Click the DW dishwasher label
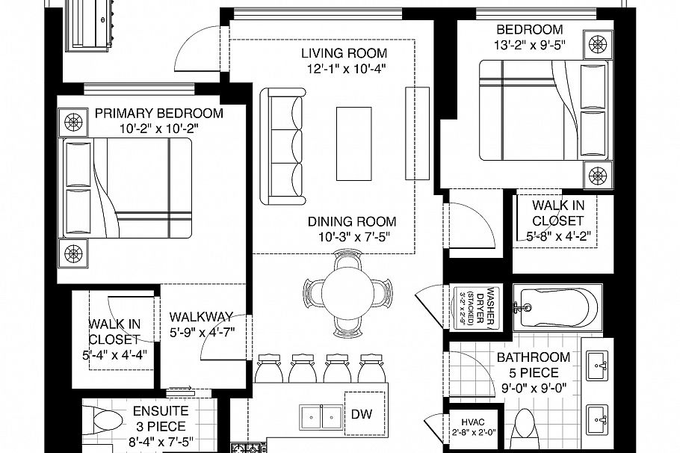point(361,414)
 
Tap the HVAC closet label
point(473,422)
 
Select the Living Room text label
point(344,53)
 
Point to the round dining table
point(347,293)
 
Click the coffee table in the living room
point(354,144)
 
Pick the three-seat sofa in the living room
point(282,147)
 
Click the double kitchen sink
point(321,417)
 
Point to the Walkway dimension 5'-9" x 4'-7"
point(202,333)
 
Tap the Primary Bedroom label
point(158,114)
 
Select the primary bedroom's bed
point(128,188)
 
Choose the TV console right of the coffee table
point(417,133)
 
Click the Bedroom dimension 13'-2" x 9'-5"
point(530,45)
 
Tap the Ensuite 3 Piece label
point(161,419)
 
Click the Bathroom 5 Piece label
point(534,365)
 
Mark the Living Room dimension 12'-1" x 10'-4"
point(347,69)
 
